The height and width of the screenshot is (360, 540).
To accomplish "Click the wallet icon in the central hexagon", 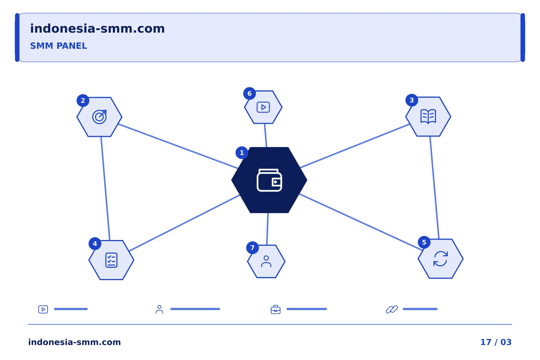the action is pos(269,180).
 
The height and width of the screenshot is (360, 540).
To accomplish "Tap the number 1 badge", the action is pos(242,153).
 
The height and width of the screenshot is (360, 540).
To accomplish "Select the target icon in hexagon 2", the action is pos(99,117).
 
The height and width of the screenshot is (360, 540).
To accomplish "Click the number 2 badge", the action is pos(83,100).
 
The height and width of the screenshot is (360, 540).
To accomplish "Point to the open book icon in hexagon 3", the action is pos(428,117).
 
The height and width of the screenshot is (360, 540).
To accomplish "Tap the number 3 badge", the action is pos(412,100).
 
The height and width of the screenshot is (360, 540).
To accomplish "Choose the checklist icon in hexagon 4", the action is pos(111,260).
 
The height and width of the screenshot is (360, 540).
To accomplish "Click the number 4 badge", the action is pos(95,243).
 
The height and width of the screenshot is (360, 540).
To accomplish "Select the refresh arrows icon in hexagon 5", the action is pos(441,259).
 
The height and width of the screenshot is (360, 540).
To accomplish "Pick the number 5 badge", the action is pos(424,242).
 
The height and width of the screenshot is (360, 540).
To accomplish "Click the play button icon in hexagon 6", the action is pos(263,107).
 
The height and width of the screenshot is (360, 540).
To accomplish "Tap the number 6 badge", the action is pos(249,93).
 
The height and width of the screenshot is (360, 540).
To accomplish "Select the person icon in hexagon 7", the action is pos(266,262).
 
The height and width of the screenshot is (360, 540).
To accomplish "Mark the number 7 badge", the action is pos(252,247).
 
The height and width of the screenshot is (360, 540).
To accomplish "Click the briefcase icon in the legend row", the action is pos(276,309).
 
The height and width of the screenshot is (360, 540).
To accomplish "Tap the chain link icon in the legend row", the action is pos(392,309).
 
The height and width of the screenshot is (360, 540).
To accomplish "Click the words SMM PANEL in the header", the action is pos(58,46).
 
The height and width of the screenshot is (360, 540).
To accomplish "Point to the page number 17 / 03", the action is pos(496,342).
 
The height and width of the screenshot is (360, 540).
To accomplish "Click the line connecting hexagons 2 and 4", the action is pos(105,189).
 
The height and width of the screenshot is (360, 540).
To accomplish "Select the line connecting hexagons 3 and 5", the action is pos(434,187).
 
